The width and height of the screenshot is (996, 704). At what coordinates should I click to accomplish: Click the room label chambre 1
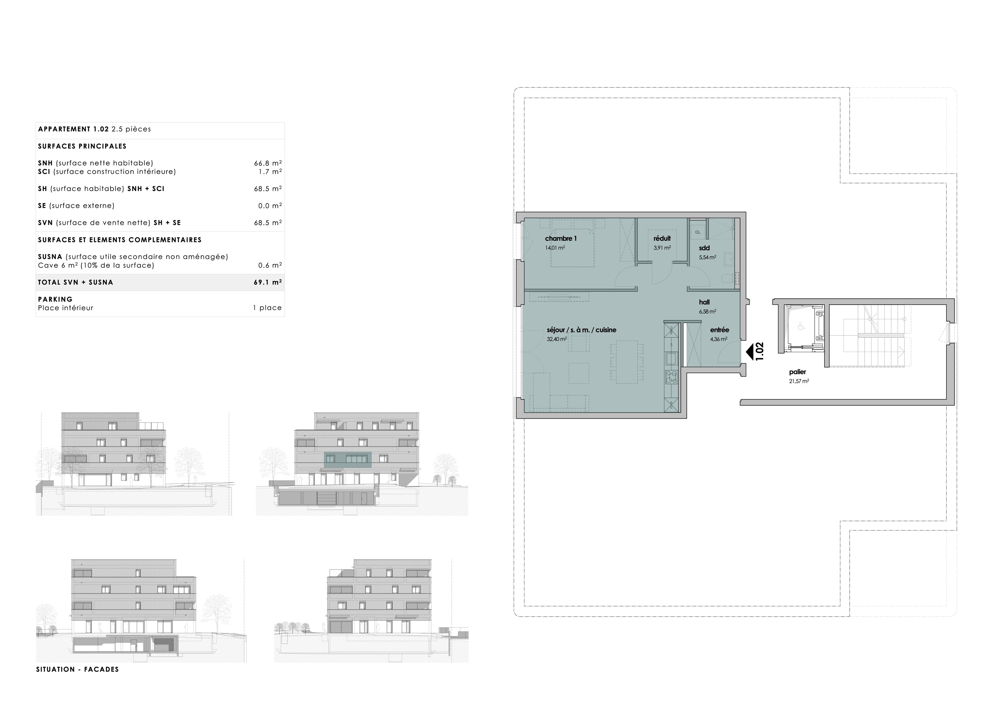pyautogui.click(x=561, y=238)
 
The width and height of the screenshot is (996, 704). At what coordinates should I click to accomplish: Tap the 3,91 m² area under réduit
pyautogui.click(x=662, y=248)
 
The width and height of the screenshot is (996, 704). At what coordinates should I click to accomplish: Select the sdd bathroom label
pyautogui.click(x=704, y=248)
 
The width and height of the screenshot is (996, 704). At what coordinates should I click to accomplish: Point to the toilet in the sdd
pyautogui.click(x=728, y=278)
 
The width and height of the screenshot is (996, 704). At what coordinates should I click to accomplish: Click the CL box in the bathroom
pyautogui.click(x=698, y=232)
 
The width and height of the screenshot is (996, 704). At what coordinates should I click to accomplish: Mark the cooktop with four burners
pyautogui.click(x=671, y=377)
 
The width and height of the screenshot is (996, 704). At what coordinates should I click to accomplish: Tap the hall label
pyautogui.click(x=704, y=302)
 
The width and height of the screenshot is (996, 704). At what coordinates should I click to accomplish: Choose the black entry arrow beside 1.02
pyautogui.click(x=749, y=351)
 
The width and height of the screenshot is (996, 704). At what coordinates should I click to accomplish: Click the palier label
pyautogui.click(x=797, y=372)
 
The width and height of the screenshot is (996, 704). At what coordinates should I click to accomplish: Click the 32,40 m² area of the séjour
pyautogui.click(x=557, y=339)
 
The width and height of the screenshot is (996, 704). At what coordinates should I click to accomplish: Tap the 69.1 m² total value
pyautogui.click(x=267, y=282)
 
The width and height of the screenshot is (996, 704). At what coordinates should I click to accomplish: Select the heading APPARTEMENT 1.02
pyautogui.click(x=73, y=129)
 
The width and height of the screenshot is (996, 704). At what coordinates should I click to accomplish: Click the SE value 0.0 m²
pyautogui.click(x=269, y=206)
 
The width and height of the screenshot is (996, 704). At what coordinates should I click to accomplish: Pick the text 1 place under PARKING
pyautogui.click(x=267, y=308)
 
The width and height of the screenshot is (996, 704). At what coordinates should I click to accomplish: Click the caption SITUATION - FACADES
pyautogui.click(x=77, y=669)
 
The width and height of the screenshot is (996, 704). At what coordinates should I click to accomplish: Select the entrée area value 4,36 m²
pyautogui.click(x=718, y=339)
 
